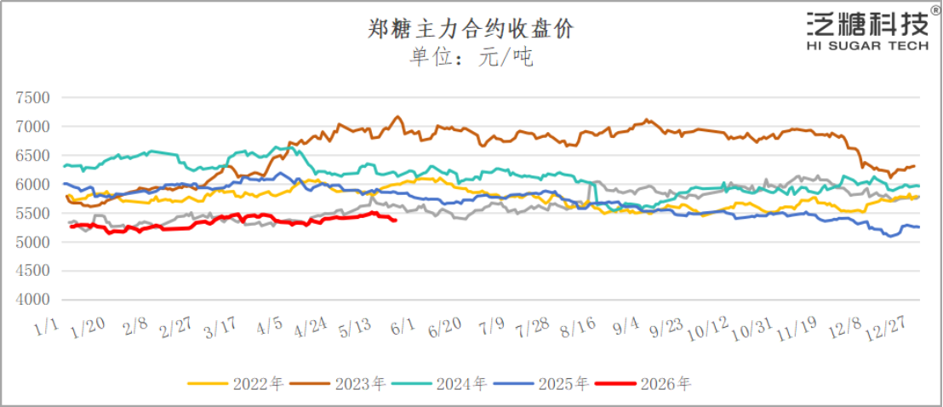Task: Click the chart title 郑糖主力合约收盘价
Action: [x=471, y=29]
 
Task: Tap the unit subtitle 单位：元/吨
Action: [x=471, y=58]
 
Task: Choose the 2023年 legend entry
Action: [x=337, y=383]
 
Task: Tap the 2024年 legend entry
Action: [x=438, y=383]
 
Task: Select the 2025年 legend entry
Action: [x=540, y=383]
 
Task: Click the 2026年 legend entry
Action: [x=642, y=383]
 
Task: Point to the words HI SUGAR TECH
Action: [x=867, y=46]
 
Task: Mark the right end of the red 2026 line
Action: [x=395, y=221]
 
